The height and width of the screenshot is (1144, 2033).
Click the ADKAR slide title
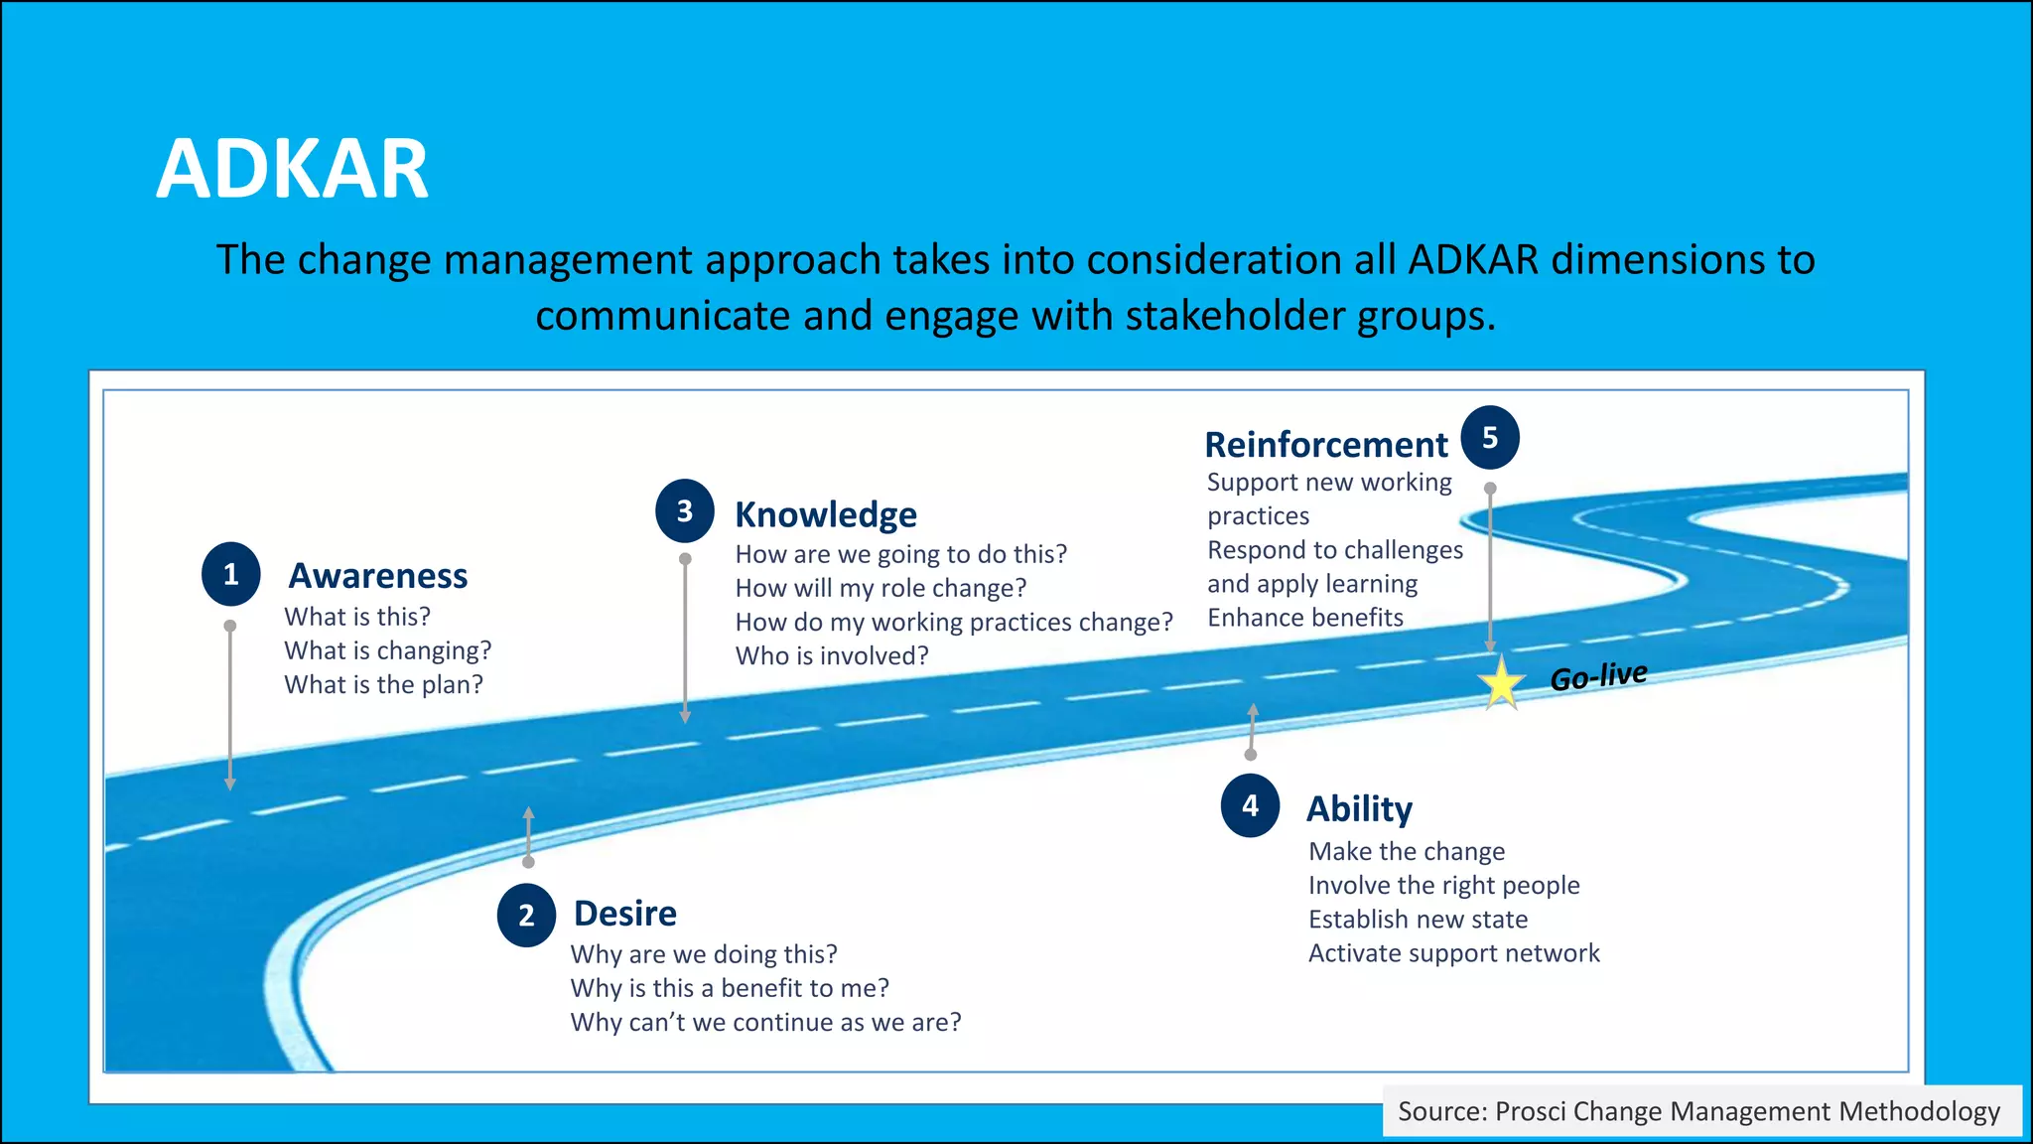click(x=292, y=169)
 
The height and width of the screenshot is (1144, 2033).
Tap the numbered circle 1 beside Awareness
click(x=230, y=574)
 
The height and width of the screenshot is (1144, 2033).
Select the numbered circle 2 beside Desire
click(x=526, y=915)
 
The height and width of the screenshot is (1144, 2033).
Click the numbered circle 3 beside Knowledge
click(x=684, y=510)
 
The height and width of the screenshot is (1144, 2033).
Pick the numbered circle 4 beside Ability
click(x=1250, y=805)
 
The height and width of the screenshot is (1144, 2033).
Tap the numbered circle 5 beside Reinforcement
click(x=1489, y=438)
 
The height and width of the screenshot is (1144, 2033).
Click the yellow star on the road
click(x=1501, y=683)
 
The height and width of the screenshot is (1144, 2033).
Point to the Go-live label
click(x=1598, y=676)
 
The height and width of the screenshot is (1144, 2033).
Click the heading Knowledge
click(x=825, y=514)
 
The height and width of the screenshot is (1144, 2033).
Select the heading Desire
click(x=624, y=913)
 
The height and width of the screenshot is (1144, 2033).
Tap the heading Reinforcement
click(x=1325, y=444)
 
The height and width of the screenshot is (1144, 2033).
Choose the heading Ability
click(x=1359, y=808)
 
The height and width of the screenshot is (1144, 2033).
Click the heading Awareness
click(x=377, y=576)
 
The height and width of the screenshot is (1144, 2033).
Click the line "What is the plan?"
click(x=383, y=684)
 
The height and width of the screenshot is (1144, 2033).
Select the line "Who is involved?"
click(x=832, y=655)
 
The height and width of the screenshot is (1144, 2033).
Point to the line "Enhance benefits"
click(x=1304, y=618)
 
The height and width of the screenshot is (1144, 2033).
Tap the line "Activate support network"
click(x=1453, y=953)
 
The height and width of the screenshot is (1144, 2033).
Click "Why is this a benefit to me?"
click(x=730, y=988)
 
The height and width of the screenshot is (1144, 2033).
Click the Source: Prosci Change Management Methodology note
click(x=1698, y=1111)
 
